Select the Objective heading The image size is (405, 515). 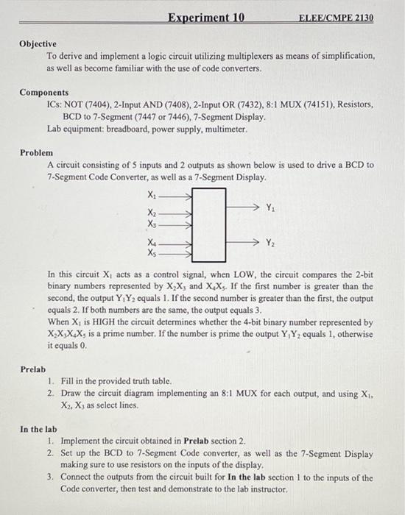tap(38, 44)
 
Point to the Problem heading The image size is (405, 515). tap(36, 152)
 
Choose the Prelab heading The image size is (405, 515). tap(33, 369)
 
